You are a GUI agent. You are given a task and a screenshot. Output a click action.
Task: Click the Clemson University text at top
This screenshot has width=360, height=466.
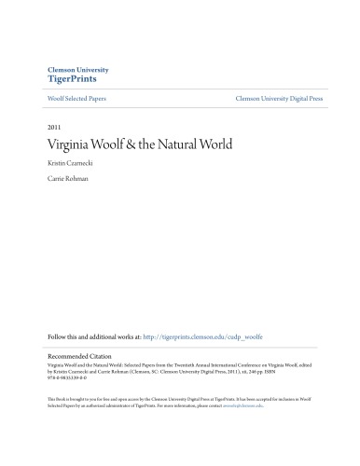click(x=77, y=70)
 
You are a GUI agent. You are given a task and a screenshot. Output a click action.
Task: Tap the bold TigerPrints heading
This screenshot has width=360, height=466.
click(x=72, y=80)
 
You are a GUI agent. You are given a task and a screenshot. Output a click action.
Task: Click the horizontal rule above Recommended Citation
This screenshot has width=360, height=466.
click(x=180, y=347)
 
